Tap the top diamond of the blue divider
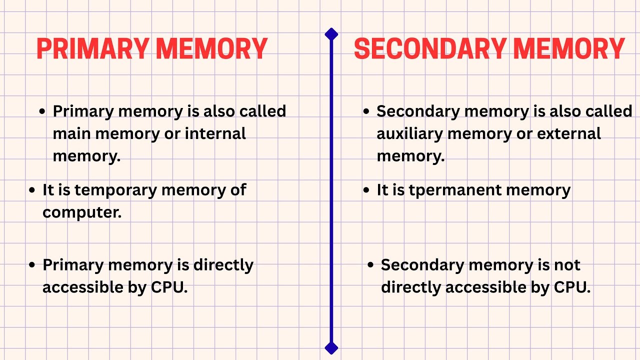331,34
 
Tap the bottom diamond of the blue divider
331,347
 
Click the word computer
82,212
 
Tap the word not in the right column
567,265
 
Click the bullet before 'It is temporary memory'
32,190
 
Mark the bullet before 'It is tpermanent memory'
366,190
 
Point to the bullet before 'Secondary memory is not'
370,265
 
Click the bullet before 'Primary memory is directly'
32,265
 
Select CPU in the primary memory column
169,287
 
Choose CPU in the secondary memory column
572,287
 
